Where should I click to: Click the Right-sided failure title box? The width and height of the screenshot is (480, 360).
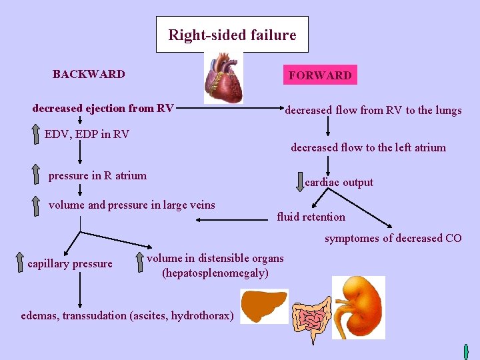tap(232, 35)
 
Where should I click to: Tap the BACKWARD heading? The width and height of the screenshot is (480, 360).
tap(89, 74)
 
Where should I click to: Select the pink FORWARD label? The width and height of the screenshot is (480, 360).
tap(320, 75)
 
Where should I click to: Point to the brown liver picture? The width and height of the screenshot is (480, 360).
tap(263, 306)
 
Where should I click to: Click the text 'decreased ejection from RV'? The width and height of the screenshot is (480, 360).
tap(103, 108)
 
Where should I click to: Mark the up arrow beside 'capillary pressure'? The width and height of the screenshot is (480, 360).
tap(19, 263)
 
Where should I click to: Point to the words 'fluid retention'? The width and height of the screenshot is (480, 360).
tap(311, 217)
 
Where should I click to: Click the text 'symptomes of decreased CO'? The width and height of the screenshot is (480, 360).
tap(393, 238)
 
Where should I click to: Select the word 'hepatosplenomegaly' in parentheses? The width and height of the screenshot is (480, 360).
tap(215, 273)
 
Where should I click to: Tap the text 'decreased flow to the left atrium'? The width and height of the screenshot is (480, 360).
tap(368, 147)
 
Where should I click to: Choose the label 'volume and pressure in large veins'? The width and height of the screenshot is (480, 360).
tap(132, 205)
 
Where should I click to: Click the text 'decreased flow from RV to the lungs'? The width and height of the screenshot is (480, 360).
tap(373, 111)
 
